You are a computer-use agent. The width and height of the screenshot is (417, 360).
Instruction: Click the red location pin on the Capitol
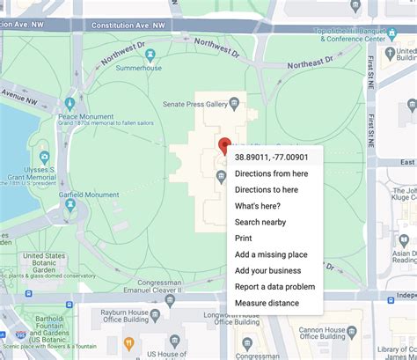click(224, 146)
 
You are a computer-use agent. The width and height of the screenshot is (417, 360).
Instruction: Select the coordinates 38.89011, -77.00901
click(271, 157)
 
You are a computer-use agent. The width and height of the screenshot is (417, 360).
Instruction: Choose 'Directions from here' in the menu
click(271, 173)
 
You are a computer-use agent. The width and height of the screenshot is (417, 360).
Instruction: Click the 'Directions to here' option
click(266, 189)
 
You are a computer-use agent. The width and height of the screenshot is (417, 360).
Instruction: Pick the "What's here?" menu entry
click(258, 206)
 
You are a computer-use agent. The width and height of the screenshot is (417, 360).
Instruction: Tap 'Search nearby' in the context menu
click(260, 222)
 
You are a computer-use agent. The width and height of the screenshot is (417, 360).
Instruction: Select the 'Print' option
click(244, 239)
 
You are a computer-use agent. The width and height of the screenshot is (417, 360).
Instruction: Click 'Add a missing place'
click(271, 254)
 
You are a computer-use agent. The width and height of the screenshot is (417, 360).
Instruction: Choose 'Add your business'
click(267, 270)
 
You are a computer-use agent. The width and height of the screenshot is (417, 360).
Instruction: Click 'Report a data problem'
click(274, 287)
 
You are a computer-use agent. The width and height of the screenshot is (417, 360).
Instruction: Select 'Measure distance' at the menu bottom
click(267, 303)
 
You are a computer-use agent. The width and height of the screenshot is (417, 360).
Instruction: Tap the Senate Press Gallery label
click(195, 105)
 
